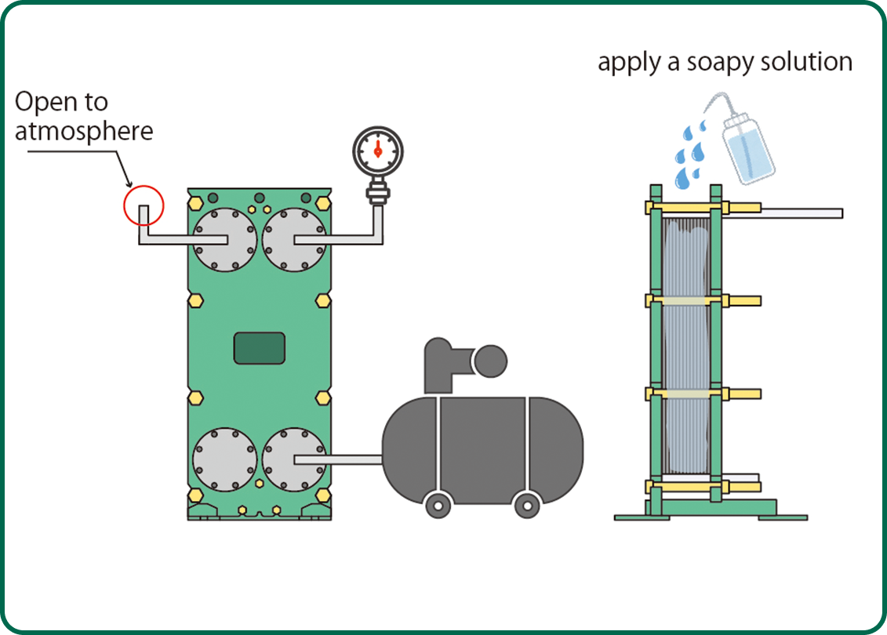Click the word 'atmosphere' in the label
[84, 130]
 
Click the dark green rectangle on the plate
[260, 347]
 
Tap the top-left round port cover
[224, 240]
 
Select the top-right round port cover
[294, 240]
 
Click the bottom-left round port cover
[224, 459]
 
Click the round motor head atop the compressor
[491, 361]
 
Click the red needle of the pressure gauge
[378, 146]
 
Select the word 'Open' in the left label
[40, 103]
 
